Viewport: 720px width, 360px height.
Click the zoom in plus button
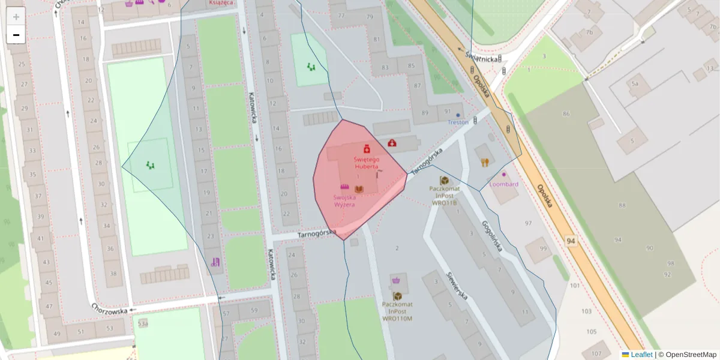tap(16, 17)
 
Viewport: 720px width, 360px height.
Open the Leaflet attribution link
tap(641, 355)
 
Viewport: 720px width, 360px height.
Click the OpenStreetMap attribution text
tap(691, 355)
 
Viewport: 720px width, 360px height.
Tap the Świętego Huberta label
tap(366, 163)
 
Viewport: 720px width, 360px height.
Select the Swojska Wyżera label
tap(345, 200)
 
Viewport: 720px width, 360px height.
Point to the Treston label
tap(458, 122)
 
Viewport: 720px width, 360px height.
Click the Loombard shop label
tap(503, 184)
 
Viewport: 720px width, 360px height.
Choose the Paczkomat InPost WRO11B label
tap(444, 195)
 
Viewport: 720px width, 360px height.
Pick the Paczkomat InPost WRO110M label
tap(397, 311)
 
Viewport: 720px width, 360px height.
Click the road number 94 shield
tap(572, 241)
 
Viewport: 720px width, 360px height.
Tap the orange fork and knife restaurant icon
tap(485, 162)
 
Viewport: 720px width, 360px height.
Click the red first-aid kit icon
tap(392, 143)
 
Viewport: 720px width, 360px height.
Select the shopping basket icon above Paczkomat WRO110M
tap(397, 280)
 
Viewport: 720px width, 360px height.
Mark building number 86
tap(566, 113)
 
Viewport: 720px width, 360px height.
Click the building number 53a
tap(143, 323)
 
